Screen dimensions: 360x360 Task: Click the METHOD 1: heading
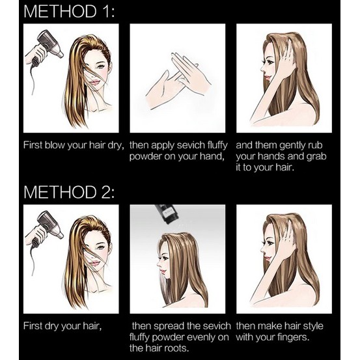pyautogui.click(x=69, y=11)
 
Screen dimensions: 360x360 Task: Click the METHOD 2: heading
pyautogui.click(x=69, y=191)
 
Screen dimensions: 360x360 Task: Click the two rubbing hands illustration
pyautogui.click(x=178, y=81)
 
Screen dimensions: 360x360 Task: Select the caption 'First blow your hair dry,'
pyautogui.click(x=74, y=146)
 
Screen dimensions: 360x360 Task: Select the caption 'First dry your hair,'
pyautogui.click(x=62, y=326)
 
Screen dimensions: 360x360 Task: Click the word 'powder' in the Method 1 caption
pyautogui.click(x=144, y=157)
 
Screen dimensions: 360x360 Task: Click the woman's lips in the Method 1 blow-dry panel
pyautogui.click(x=95, y=82)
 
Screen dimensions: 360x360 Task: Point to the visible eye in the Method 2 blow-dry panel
pyautogui.click(x=102, y=248)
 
